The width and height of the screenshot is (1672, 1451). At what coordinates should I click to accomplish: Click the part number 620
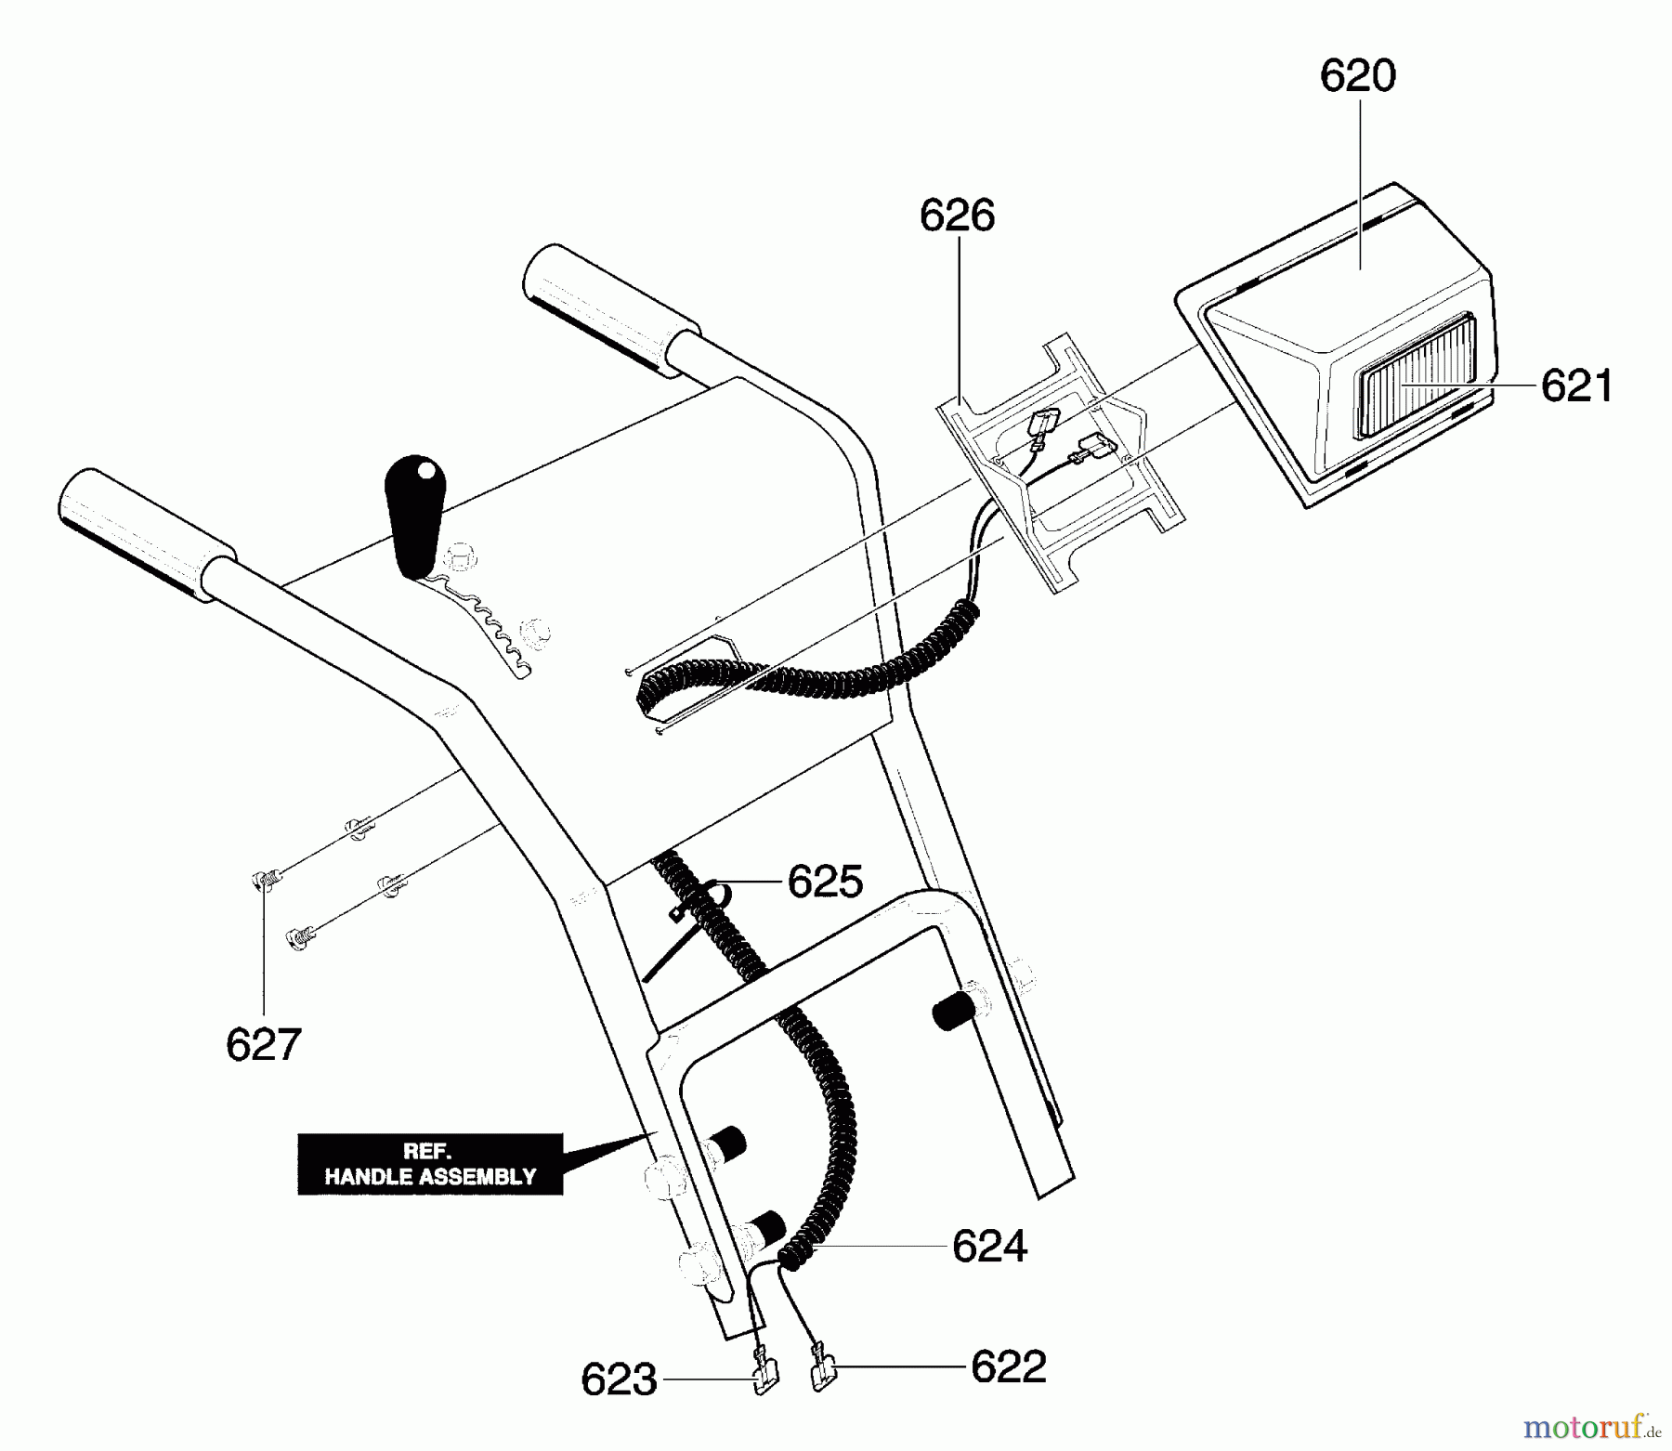click(x=1357, y=76)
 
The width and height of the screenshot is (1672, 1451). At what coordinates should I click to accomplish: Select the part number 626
click(x=957, y=216)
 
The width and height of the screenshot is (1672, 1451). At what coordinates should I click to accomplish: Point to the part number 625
click(x=825, y=881)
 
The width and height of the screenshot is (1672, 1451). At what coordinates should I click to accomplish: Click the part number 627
click(x=263, y=1045)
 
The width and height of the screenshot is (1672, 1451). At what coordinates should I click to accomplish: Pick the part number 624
click(x=989, y=1246)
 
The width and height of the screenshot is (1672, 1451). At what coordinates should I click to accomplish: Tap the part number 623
click(x=619, y=1379)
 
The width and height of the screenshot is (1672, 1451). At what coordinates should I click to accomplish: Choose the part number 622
click(x=1008, y=1366)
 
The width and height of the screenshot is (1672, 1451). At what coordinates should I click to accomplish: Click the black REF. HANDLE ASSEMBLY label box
click(x=430, y=1164)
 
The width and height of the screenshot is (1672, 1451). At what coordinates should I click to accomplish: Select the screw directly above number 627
click(x=262, y=879)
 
